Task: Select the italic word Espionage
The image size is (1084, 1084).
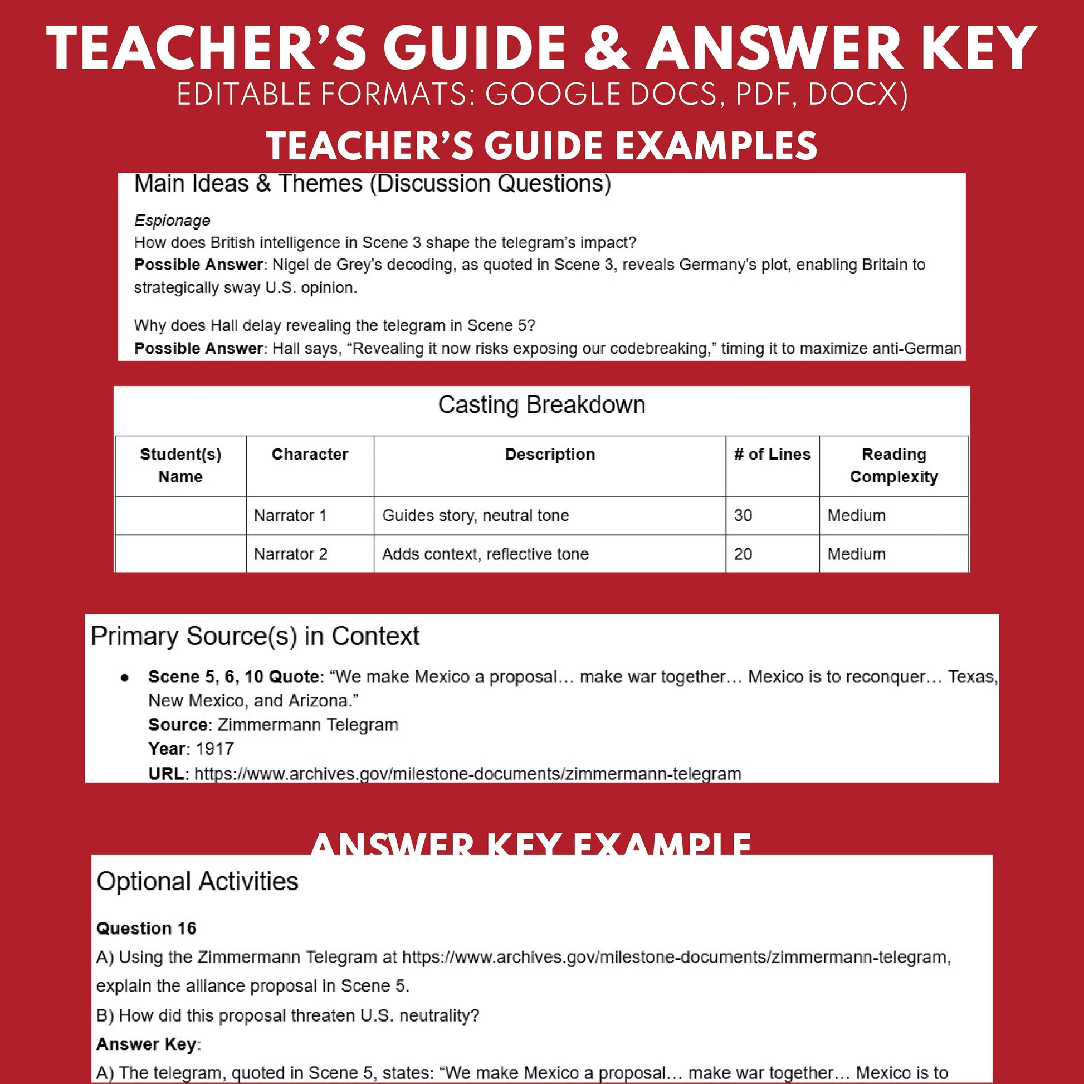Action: (172, 221)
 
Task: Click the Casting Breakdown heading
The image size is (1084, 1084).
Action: (541, 404)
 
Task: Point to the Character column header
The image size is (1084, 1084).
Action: (310, 455)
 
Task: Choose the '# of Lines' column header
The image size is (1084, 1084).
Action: (772, 455)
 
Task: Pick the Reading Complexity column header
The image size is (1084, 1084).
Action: (893, 466)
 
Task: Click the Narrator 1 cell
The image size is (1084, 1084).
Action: (290, 516)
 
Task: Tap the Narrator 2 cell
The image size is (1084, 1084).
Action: (290, 554)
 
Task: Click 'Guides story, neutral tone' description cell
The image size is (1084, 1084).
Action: (475, 516)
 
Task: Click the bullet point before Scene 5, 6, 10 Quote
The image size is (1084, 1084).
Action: (125, 678)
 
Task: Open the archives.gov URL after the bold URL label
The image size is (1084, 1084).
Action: (467, 774)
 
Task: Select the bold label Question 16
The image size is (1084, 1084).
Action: (146, 929)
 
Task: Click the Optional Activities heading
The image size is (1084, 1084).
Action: (198, 881)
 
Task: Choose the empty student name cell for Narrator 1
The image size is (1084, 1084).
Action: (180, 516)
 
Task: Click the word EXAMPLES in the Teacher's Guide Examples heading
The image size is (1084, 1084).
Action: (716, 146)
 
